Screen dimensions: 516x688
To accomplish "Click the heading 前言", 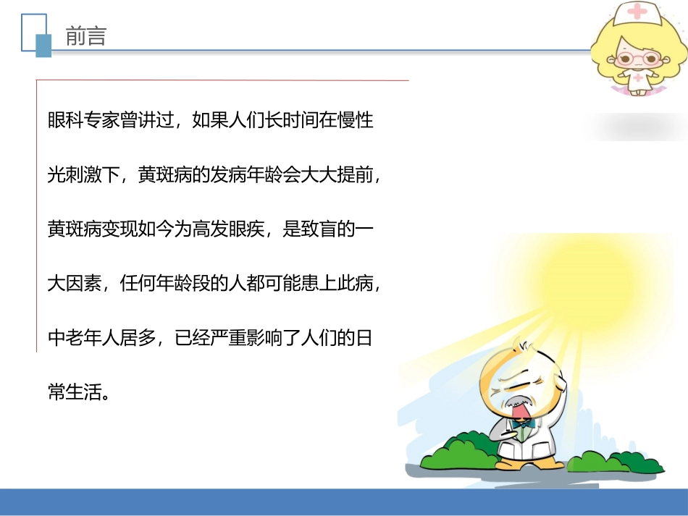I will (x=85, y=37).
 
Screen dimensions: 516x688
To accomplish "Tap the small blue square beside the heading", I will (x=44, y=46).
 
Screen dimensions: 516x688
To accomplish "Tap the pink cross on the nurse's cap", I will (x=637, y=12).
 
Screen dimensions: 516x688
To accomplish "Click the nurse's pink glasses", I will (x=632, y=56).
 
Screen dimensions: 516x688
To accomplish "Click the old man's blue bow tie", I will (x=525, y=422).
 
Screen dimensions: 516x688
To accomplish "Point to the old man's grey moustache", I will (x=516, y=403).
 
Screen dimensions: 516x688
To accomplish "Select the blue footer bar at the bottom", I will (x=344, y=502).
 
